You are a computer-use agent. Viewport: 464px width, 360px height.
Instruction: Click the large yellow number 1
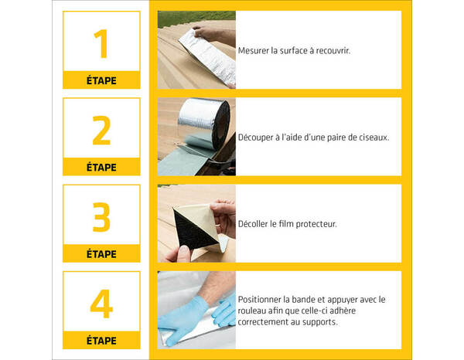(101, 43)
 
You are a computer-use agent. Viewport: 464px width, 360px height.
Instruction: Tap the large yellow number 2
(101, 131)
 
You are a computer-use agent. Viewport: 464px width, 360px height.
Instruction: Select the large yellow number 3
(101, 218)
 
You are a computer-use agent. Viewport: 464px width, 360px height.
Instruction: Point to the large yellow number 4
(101, 304)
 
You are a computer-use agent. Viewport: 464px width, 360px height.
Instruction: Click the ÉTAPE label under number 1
(101, 80)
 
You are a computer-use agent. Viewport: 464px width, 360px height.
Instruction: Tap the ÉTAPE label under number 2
(101, 167)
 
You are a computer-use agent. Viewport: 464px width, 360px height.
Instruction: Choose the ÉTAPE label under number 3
(101, 254)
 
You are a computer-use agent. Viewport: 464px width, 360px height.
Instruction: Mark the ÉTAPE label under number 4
(101, 341)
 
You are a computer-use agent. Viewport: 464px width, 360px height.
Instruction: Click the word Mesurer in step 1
(255, 50)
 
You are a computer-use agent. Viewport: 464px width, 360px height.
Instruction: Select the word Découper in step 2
(258, 137)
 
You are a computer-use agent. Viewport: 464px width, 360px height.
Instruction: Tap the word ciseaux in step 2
(373, 137)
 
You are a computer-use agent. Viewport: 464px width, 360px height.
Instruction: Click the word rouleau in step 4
(254, 311)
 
